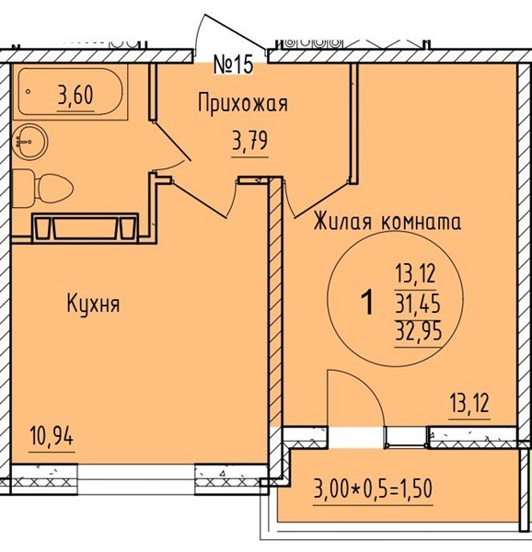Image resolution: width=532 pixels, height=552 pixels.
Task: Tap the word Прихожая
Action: (x=243, y=103)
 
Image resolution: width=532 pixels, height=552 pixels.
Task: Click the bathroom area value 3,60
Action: (x=75, y=95)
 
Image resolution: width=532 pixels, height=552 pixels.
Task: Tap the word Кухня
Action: (x=93, y=303)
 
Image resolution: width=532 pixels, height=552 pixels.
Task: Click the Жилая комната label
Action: (x=387, y=222)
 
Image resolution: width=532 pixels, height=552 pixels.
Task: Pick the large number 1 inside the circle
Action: (x=368, y=302)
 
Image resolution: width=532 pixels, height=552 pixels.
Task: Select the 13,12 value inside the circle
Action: (x=416, y=272)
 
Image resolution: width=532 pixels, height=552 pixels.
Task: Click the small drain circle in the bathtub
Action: (x=29, y=92)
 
